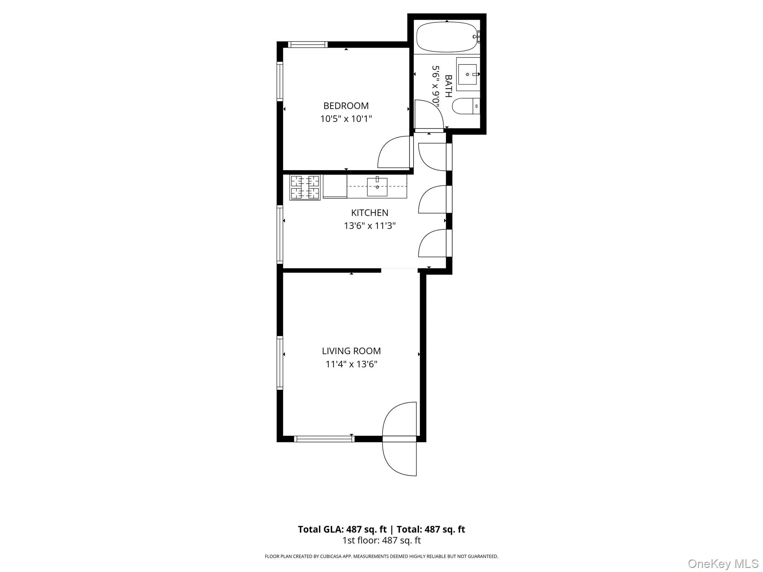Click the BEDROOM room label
tap(346, 106)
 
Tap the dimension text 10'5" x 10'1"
tap(346, 119)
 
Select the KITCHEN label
tap(369, 213)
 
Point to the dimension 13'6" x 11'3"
tap(369, 226)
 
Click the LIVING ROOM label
tap(351, 351)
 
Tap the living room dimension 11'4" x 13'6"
tap(351, 364)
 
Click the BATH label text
tap(449, 86)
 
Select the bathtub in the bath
tap(446, 37)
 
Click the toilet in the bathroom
tap(465, 106)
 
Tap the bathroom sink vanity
tap(468, 74)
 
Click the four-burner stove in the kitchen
tap(305, 187)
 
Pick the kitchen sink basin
tap(377, 187)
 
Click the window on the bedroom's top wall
tap(308, 45)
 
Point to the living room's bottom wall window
tap(324, 439)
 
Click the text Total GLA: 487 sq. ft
tap(342, 529)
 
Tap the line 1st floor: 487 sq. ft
tap(381, 540)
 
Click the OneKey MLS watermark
tap(723, 563)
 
